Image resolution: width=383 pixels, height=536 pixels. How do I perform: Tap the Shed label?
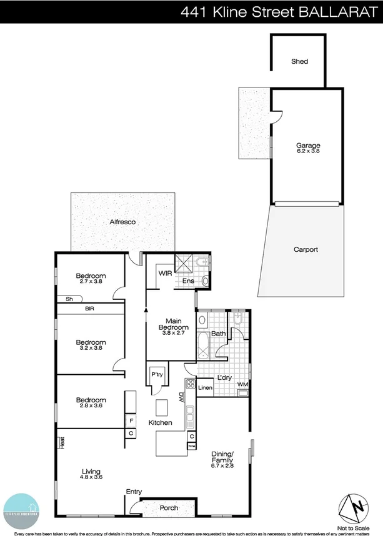tap(299, 62)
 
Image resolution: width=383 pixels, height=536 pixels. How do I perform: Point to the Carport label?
tap(306, 249)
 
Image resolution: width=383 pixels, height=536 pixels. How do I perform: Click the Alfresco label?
tap(122, 222)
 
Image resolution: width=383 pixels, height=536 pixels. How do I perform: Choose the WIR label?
tap(165, 274)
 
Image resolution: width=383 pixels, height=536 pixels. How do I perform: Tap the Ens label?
tap(188, 281)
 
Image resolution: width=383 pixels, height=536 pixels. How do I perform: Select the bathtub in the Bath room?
tap(203, 344)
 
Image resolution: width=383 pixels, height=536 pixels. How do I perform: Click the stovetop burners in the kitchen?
tap(191, 384)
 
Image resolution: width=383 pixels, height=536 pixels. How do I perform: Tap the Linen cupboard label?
tap(205, 389)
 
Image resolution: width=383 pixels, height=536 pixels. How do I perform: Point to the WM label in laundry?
tap(242, 384)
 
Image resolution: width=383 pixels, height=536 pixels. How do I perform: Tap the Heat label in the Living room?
tap(61, 442)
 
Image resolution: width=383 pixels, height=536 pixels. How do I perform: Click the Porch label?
tap(169, 508)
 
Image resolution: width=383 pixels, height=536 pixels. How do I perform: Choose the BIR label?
tap(91, 309)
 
